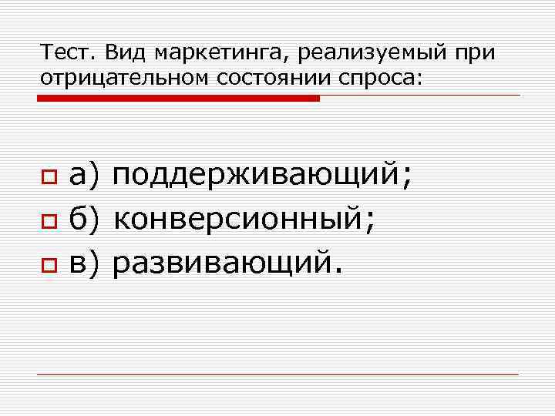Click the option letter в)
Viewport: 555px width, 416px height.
tap(85, 265)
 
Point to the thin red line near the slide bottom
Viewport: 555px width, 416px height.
tap(277, 374)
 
